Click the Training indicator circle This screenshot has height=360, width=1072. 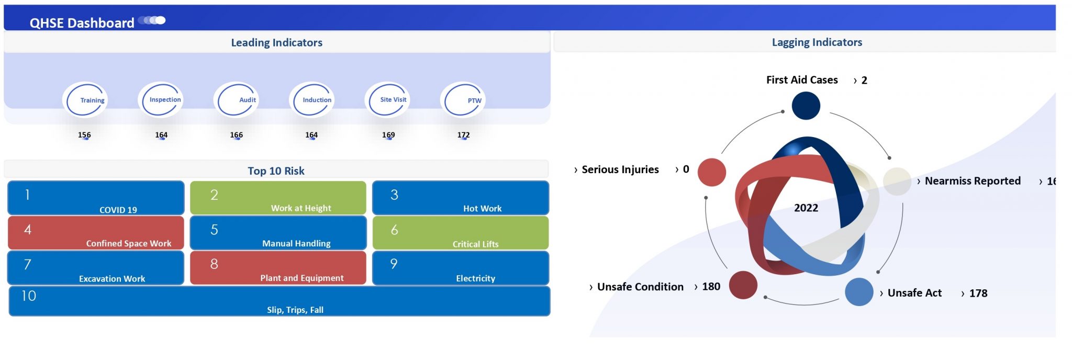(x=85, y=100)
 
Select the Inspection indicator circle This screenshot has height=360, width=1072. (x=161, y=100)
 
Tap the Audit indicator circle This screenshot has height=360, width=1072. (x=236, y=100)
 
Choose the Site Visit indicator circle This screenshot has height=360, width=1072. (x=387, y=100)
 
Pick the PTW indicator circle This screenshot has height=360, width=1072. (x=463, y=100)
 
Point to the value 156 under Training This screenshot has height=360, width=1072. (x=84, y=135)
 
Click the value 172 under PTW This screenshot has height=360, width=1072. (x=463, y=135)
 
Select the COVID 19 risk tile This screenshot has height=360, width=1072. (x=96, y=198)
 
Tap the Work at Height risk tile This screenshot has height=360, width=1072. (x=278, y=198)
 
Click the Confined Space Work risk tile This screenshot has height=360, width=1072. (x=96, y=233)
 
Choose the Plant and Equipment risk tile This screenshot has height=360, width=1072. (x=278, y=268)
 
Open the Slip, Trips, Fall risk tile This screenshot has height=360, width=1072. (x=280, y=301)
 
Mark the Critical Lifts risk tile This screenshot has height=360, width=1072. (x=460, y=233)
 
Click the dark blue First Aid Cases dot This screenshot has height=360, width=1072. (x=806, y=106)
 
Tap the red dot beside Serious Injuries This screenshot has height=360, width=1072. (x=712, y=172)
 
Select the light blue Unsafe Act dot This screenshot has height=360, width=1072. (x=858, y=292)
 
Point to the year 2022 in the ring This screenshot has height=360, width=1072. (x=806, y=208)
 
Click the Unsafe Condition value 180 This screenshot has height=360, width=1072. (x=711, y=287)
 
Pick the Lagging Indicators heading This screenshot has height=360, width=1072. (x=817, y=42)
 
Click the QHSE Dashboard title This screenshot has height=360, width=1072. (x=82, y=23)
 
